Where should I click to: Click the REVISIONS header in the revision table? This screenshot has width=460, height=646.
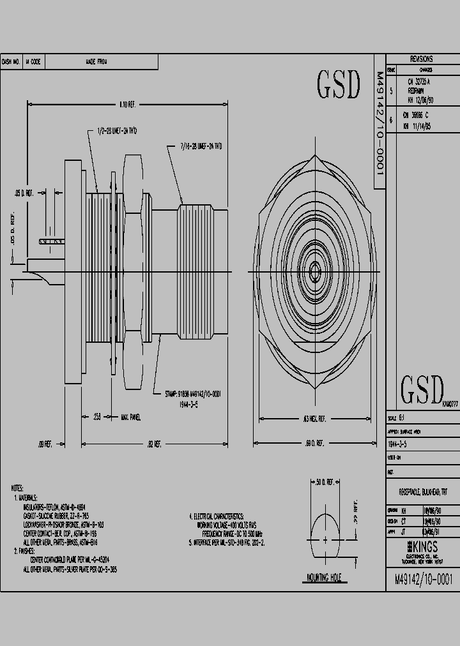(x=421, y=59)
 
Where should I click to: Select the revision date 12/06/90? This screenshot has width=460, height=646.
(x=421, y=100)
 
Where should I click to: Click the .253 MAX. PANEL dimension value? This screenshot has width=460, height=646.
(x=97, y=417)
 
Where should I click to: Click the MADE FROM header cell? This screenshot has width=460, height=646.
(x=96, y=62)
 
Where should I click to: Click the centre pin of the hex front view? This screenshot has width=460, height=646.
(x=315, y=273)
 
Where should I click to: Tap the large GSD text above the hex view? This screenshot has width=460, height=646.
(x=338, y=86)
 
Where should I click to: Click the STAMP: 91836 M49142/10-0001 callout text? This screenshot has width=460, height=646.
(x=192, y=395)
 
